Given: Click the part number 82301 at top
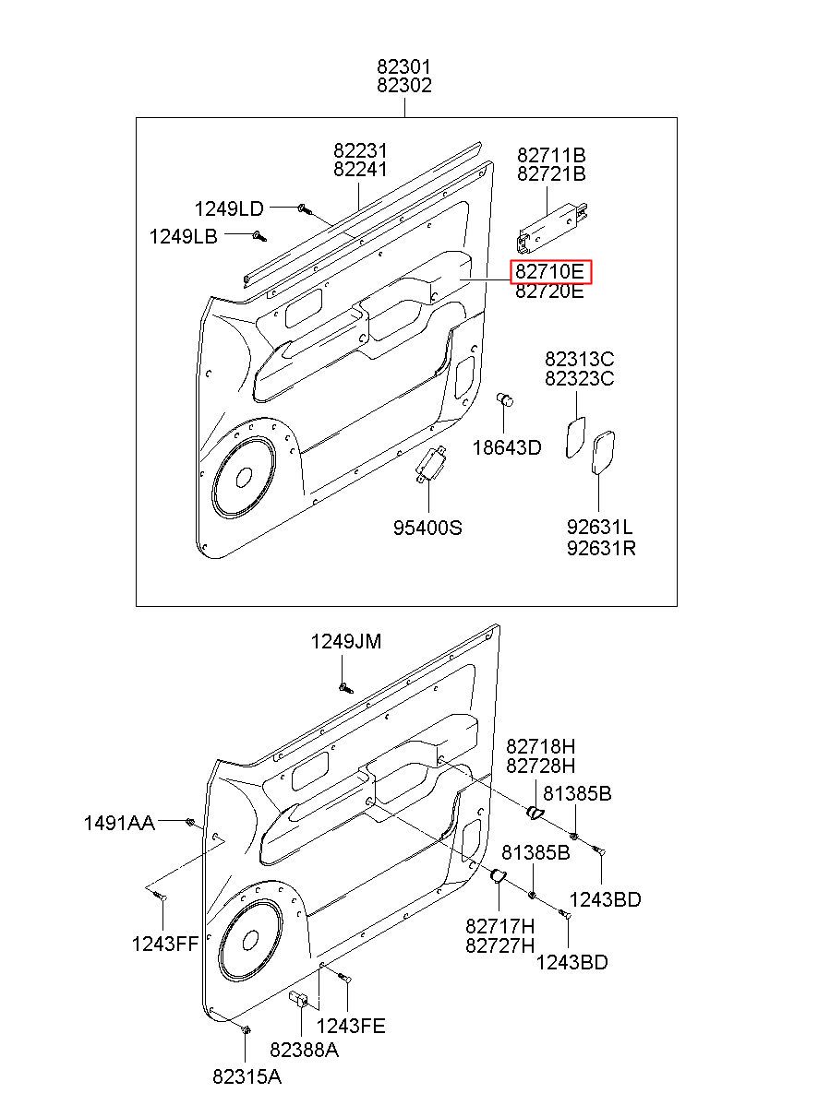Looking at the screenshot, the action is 403,66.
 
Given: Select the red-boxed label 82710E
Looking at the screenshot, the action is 549,272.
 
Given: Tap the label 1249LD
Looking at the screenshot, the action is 229,208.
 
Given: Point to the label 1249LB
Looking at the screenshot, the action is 184,236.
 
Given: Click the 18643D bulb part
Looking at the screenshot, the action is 505,399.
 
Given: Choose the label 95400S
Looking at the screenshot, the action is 427,527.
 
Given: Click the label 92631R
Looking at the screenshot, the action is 601,548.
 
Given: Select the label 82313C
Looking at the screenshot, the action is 579,359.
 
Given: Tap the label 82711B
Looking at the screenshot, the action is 551,155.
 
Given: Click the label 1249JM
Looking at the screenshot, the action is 346,641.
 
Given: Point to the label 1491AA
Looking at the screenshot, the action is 119,823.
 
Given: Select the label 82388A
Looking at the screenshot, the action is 304,1050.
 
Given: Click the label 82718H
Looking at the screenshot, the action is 540,746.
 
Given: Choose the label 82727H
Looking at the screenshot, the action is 499,945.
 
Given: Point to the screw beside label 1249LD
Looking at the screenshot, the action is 304,209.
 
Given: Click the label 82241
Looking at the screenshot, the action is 360,169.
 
